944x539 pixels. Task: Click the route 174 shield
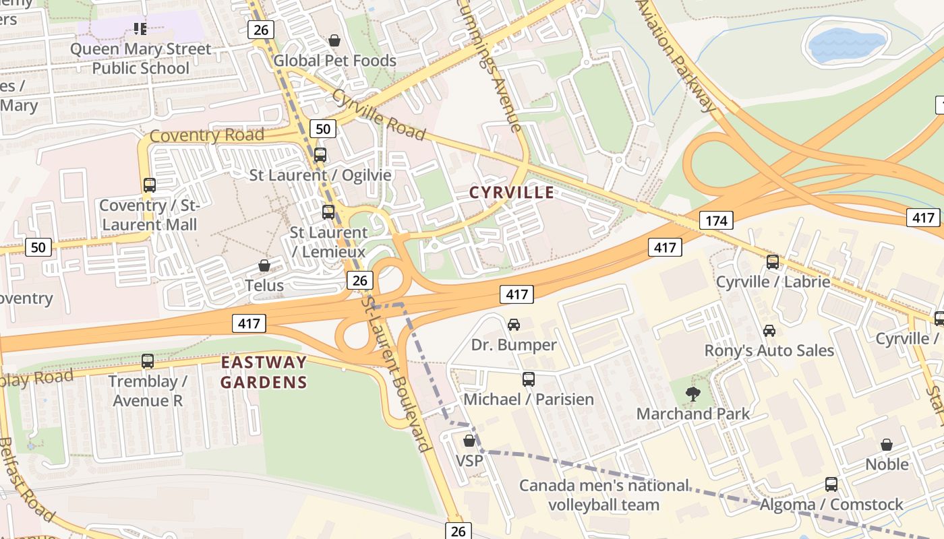click(x=715, y=220)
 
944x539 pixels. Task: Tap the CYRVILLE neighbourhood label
click(x=512, y=193)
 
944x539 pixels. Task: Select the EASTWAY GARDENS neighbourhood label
click(x=264, y=373)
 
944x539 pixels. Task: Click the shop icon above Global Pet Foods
click(x=334, y=41)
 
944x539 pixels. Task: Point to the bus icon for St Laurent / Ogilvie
click(x=320, y=155)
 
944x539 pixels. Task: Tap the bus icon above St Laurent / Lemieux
click(x=328, y=212)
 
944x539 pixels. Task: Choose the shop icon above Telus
click(x=264, y=265)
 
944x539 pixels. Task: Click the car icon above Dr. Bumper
click(x=514, y=325)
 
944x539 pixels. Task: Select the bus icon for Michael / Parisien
click(x=529, y=379)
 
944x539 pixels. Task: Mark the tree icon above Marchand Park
click(x=692, y=393)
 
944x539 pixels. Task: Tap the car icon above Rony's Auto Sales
click(x=769, y=331)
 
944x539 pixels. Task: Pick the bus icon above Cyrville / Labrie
click(x=773, y=262)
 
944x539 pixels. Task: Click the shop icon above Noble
click(x=887, y=445)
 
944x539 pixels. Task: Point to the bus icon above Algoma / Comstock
click(x=831, y=484)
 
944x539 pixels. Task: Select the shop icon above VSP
click(x=469, y=441)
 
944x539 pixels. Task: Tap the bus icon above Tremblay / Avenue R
click(x=148, y=361)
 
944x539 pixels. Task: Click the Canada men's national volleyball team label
click(x=604, y=495)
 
